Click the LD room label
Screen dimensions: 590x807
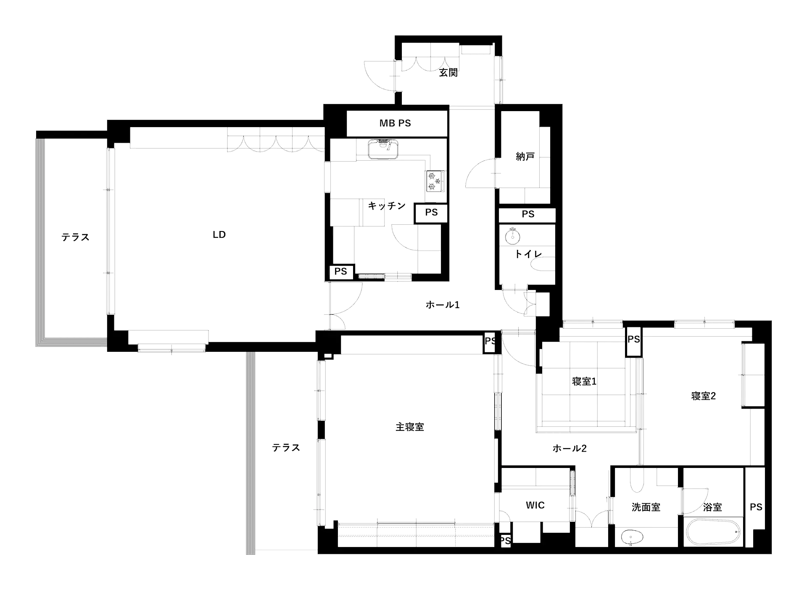point(219,234)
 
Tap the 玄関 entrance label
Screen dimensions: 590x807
point(448,72)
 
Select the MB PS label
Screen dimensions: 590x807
point(395,123)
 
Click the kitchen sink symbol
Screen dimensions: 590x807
point(383,149)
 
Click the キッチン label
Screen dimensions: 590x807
point(386,206)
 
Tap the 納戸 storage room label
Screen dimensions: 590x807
point(525,157)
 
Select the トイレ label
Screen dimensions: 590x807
point(528,254)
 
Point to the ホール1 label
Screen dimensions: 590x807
point(443,304)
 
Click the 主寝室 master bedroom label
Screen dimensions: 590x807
point(409,427)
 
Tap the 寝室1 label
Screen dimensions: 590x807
point(584,382)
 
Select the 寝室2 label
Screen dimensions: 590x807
point(703,396)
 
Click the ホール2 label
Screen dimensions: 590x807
point(569,448)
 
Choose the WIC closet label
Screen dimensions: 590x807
point(535,505)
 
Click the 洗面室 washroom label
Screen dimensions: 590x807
point(646,507)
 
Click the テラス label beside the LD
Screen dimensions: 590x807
point(75,237)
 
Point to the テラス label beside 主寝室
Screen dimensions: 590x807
point(286,447)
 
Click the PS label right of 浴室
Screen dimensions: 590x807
point(756,507)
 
